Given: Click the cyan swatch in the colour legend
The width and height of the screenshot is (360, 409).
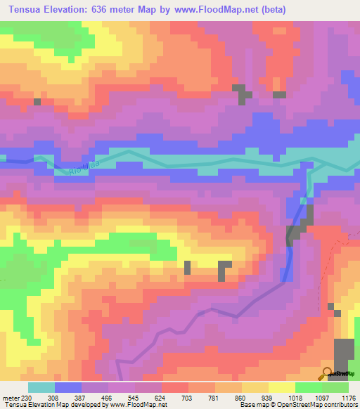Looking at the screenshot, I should pyautogui.click(x=41, y=387).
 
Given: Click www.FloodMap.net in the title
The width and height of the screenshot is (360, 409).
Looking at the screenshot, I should pyautogui.click(x=259, y=9).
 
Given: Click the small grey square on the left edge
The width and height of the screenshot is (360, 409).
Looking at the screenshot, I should pyautogui.click(x=37, y=102).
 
